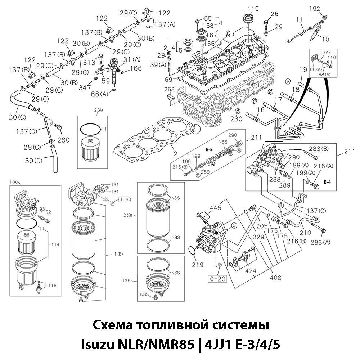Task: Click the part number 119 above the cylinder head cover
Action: [x=253, y=8]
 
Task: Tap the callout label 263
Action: [x=169, y=89]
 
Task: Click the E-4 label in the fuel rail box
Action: [x=327, y=182]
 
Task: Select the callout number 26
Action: [x=275, y=14]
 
